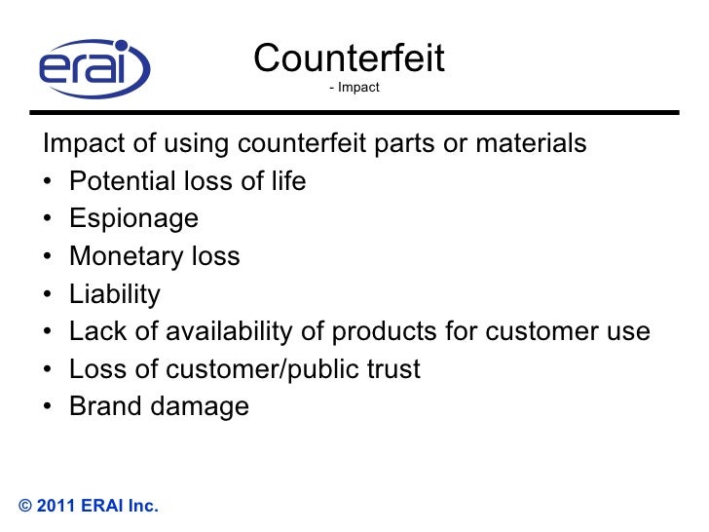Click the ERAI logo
point(94,68)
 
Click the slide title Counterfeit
point(349,59)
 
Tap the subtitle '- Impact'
point(354,89)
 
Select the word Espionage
point(133,219)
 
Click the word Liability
point(114,293)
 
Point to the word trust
point(390,369)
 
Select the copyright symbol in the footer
point(26,506)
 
